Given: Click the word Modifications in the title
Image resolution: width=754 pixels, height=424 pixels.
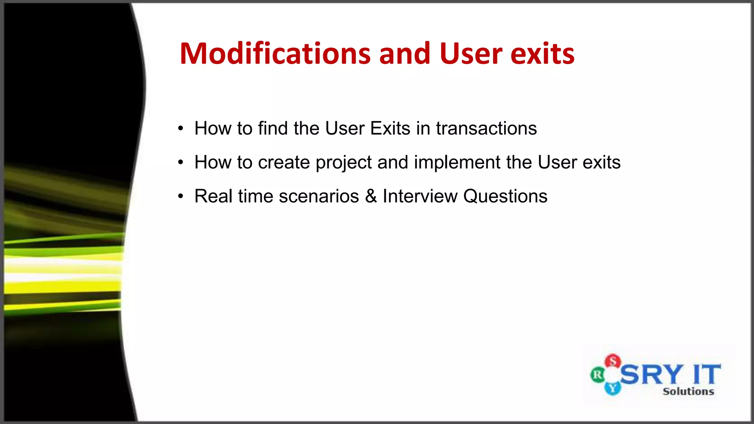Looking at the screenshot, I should [x=275, y=54].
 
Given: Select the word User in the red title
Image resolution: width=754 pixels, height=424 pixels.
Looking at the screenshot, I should [x=471, y=54].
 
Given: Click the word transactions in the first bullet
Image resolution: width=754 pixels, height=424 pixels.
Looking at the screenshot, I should [x=486, y=128].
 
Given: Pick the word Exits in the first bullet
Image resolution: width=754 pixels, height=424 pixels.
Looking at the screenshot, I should [x=390, y=128].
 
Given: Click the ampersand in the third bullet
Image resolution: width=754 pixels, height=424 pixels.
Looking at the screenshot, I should [x=371, y=196].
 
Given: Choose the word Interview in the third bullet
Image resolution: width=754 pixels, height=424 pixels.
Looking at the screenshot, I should [x=420, y=196].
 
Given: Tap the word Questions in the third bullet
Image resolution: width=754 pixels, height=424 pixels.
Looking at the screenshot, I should [x=505, y=196].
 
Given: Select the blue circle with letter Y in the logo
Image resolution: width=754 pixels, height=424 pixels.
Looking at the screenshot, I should [x=613, y=388].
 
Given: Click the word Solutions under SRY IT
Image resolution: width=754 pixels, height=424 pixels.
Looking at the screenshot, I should [x=688, y=391].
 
